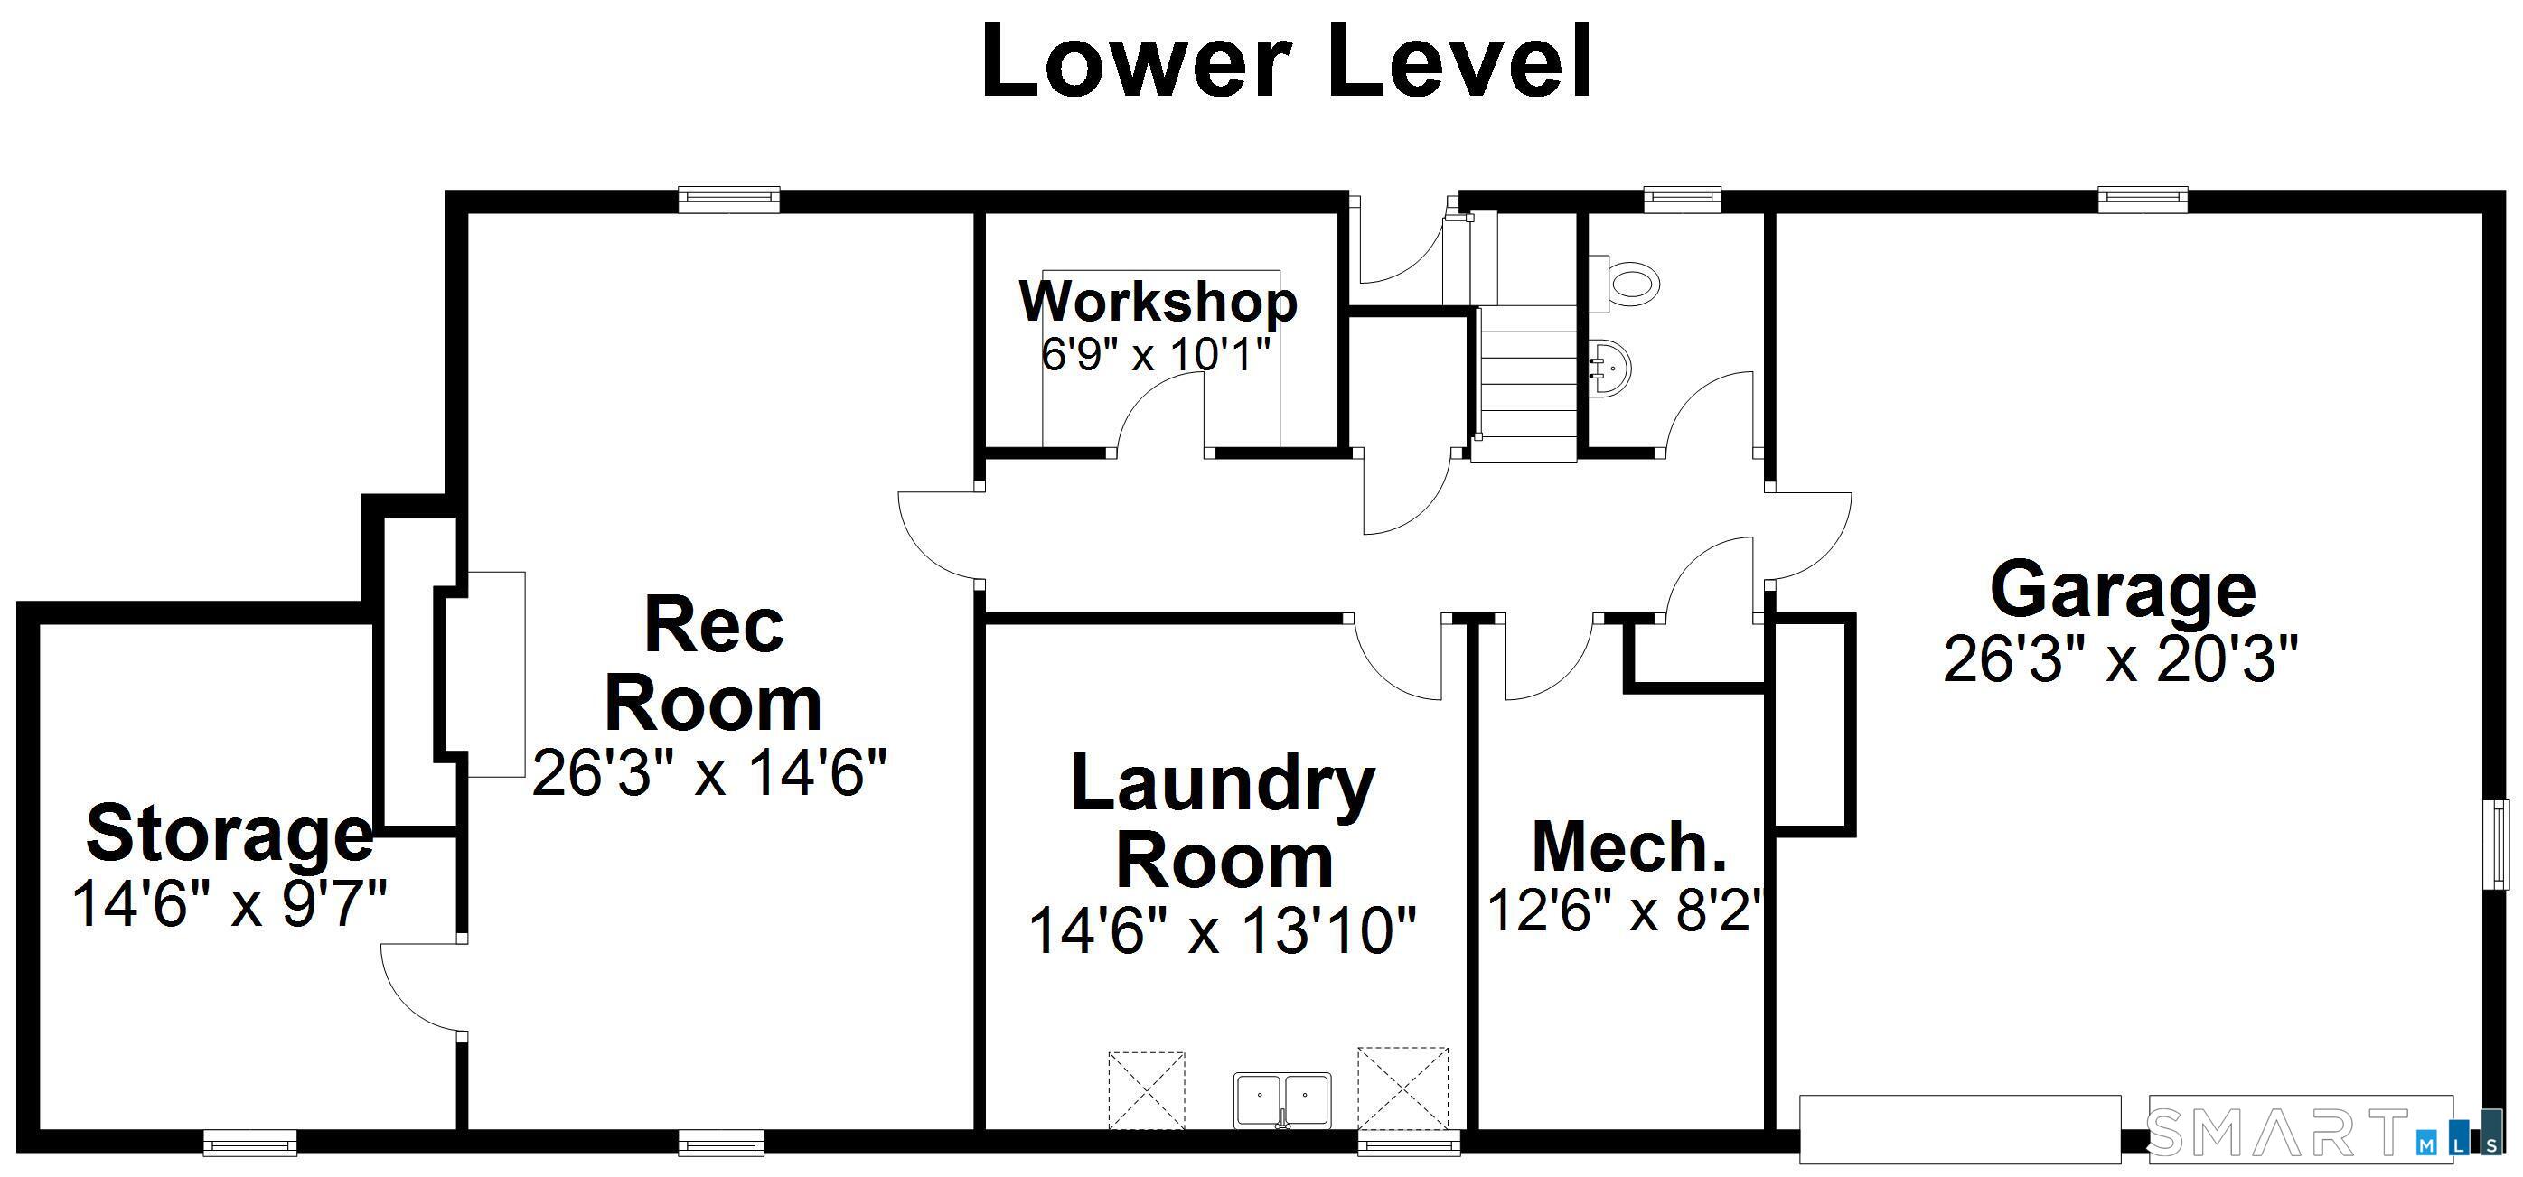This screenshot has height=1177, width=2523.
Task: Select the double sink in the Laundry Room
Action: [x=1282, y=1100]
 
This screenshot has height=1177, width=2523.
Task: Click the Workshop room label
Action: [x=1158, y=302]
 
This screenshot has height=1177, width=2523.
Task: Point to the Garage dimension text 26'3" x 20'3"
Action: [x=2121, y=659]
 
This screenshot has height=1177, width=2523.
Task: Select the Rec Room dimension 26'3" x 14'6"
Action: [x=709, y=772]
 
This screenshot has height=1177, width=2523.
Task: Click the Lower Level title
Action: [x=1285, y=61]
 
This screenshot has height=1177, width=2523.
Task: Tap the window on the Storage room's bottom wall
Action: [x=249, y=1143]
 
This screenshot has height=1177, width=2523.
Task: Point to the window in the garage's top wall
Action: [x=2143, y=199]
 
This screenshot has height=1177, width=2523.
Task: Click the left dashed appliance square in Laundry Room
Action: [x=1146, y=1091]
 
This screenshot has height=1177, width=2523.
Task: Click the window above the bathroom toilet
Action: [x=1682, y=199]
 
